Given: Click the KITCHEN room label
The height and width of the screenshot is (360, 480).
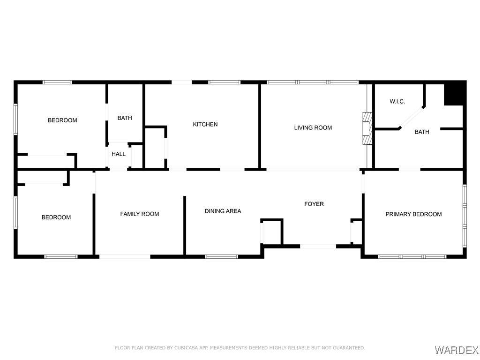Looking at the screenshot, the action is tap(205, 124).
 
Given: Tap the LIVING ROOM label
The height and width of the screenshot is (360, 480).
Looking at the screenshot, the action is tap(313, 127).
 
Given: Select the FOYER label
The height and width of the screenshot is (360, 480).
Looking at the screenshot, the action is tap(314, 204).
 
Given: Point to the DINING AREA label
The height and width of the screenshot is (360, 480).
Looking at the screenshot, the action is tap(223, 211).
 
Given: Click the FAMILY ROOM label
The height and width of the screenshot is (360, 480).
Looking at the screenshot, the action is tap(140, 214).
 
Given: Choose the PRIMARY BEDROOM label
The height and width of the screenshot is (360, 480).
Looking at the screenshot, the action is tap(413, 214).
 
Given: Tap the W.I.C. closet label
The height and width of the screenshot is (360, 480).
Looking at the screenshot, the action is tap(397, 101).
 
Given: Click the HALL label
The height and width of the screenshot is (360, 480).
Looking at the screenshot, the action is tap(119, 154).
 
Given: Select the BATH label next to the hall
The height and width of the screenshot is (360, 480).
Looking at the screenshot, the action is tap(125, 118).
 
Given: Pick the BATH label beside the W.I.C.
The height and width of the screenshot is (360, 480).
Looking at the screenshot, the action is tap(422, 132).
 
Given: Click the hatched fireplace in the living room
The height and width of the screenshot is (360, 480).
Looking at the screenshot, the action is tap(367, 128).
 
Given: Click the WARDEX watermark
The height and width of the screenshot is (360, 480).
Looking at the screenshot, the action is tap(457, 349).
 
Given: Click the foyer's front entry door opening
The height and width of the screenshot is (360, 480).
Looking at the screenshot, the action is tap(318, 246).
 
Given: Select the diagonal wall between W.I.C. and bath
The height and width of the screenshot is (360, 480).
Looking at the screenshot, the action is tap(412, 117).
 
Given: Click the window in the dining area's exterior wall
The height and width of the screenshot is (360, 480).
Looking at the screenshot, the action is tap(221, 256).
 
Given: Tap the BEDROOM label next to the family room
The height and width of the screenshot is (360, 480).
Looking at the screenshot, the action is tap(56, 217).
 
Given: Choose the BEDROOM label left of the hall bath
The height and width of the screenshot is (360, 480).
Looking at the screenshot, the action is tap(62, 120).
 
